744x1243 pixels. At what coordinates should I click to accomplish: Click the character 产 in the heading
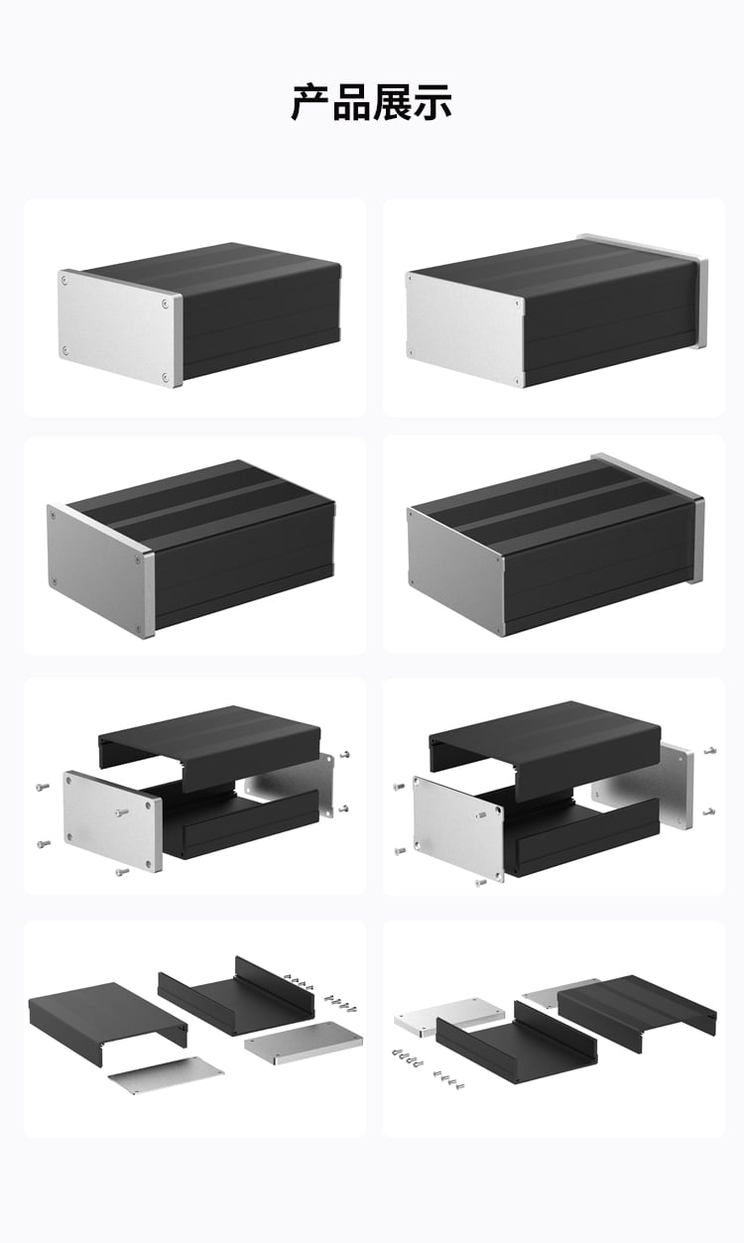310,102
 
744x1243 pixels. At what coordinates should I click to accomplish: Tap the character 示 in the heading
432,102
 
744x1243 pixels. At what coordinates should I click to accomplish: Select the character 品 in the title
351,102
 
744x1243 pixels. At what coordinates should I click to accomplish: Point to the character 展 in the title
391,102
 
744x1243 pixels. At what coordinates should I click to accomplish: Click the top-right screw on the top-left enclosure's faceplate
165,304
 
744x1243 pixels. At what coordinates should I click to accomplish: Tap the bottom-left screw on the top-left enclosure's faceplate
65,350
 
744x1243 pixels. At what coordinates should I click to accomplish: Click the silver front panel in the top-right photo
465,328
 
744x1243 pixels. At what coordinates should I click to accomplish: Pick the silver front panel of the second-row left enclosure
100,569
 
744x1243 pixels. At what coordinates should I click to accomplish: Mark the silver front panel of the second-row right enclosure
456,570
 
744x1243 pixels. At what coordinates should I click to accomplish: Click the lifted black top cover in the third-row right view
545,745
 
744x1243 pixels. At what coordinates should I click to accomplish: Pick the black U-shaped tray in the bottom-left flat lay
236,997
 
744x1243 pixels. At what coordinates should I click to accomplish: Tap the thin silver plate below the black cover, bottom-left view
167,1075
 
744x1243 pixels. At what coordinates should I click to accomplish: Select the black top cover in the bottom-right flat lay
637,1012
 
